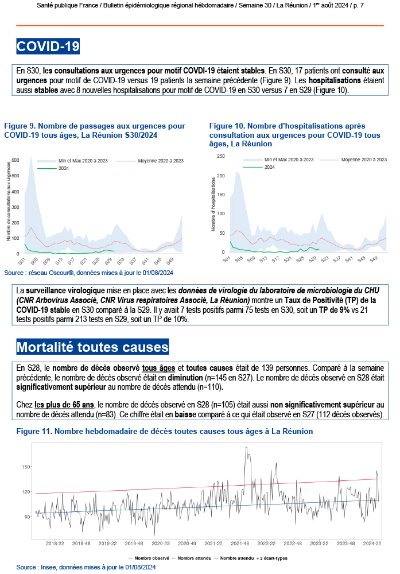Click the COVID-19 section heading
[x=48, y=46]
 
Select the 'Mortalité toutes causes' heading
[x=92, y=347]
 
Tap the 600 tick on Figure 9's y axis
[x=15, y=159]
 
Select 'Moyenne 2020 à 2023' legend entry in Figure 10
[x=359, y=159]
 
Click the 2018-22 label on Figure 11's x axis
[x=55, y=542]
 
